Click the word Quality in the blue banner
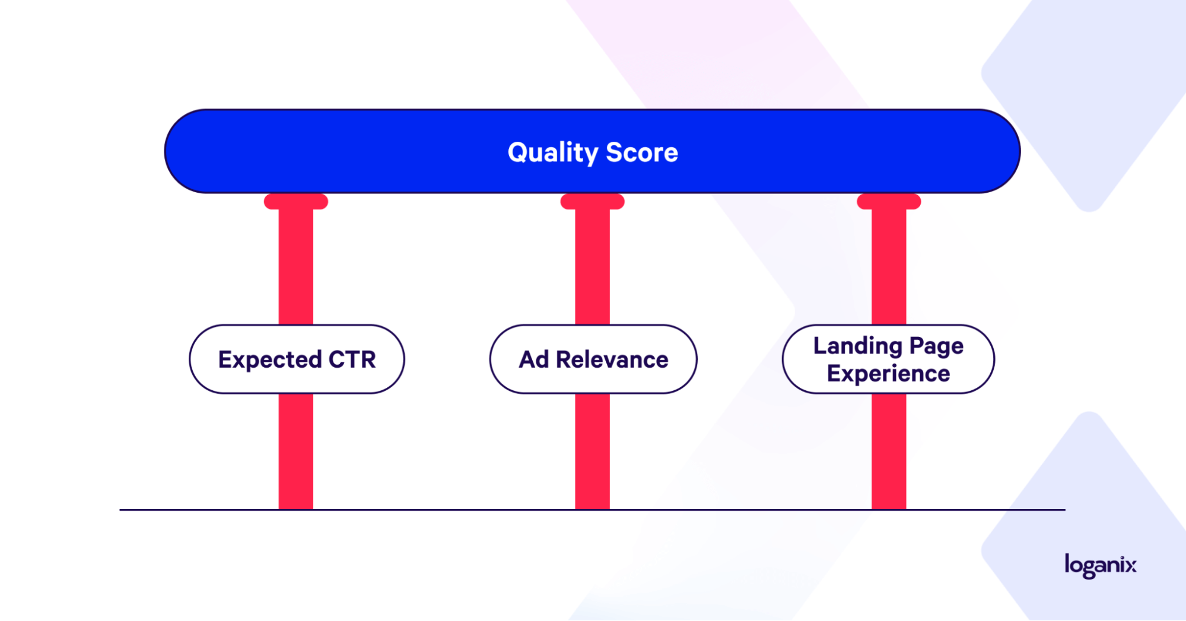[x=553, y=153]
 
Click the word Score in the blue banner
[x=642, y=152]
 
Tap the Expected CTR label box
[x=297, y=359]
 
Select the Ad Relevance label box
[x=593, y=359]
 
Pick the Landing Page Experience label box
[x=888, y=359]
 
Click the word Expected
[x=270, y=360]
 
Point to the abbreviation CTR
[x=352, y=359]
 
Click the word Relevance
[x=612, y=359]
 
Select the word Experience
[x=888, y=374]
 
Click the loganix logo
[x=1101, y=565]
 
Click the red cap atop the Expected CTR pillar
[x=296, y=202]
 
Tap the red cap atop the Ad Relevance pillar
[x=593, y=202]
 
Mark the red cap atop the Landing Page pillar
[x=889, y=202]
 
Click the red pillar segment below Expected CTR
[x=296, y=451]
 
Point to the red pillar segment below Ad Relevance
[x=593, y=451]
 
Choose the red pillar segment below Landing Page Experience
[x=889, y=451]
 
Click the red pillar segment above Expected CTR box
[x=296, y=267]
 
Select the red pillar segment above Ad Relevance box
[x=593, y=267]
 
